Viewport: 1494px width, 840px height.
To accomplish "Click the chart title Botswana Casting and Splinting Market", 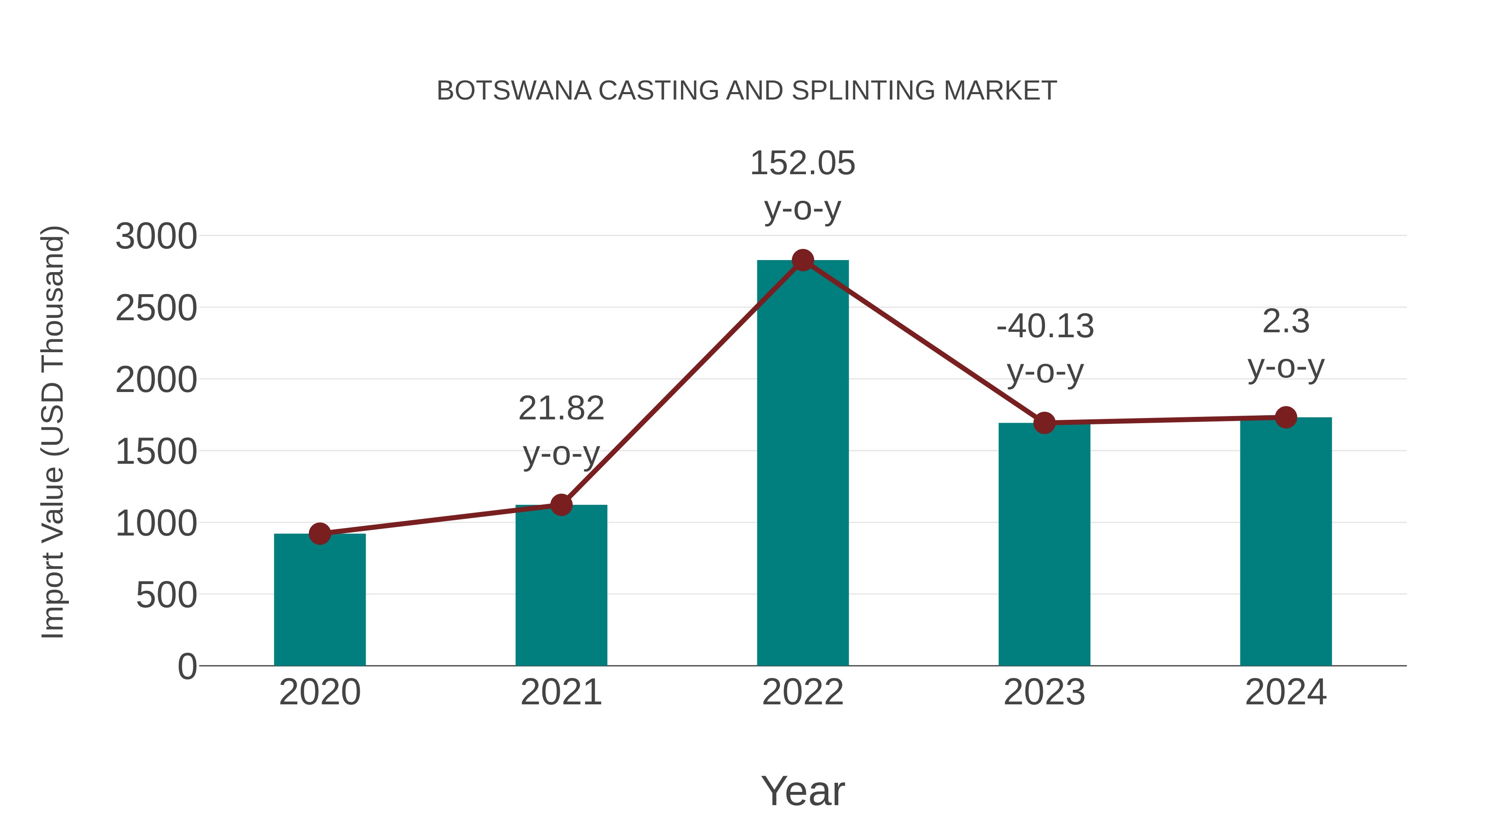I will [747, 91].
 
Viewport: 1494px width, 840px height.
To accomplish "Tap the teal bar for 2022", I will [803, 464].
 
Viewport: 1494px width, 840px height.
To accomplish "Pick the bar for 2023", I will [1044, 545].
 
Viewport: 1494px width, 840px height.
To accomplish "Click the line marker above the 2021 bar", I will [561, 505].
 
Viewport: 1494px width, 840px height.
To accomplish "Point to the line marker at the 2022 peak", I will [803, 260].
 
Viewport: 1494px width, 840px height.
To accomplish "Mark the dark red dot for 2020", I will [320, 533].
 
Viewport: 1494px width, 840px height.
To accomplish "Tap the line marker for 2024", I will [1286, 417].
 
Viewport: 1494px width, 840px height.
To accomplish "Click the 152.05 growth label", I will [803, 163].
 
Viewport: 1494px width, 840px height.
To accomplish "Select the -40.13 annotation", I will [1045, 326].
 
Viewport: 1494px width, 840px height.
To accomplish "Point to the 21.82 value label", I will [561, 409].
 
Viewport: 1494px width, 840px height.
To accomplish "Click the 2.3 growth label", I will [1286, 322].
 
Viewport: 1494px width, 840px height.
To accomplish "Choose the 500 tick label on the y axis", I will [166, 595].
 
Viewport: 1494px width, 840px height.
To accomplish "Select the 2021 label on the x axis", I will [561, 693].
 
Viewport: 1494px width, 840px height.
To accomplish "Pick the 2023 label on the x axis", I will [1044, 693].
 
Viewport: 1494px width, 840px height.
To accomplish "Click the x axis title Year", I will [803, 791].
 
